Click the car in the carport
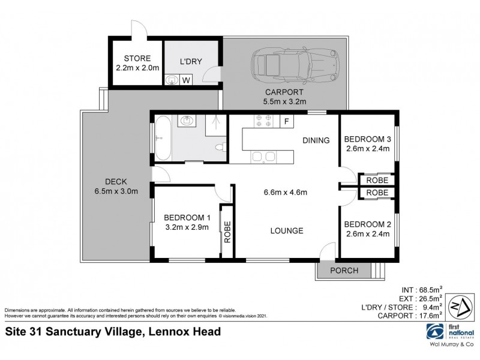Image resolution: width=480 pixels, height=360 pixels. point(295,62)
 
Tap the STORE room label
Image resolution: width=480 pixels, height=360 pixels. point(137,58)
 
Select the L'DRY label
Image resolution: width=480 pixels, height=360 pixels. point(191,61)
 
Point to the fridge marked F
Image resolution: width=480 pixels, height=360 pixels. point(287,121)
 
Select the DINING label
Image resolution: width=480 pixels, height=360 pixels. point(316,141)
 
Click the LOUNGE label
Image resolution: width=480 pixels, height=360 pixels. point(286,230)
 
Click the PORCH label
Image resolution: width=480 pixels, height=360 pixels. point(344,271)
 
